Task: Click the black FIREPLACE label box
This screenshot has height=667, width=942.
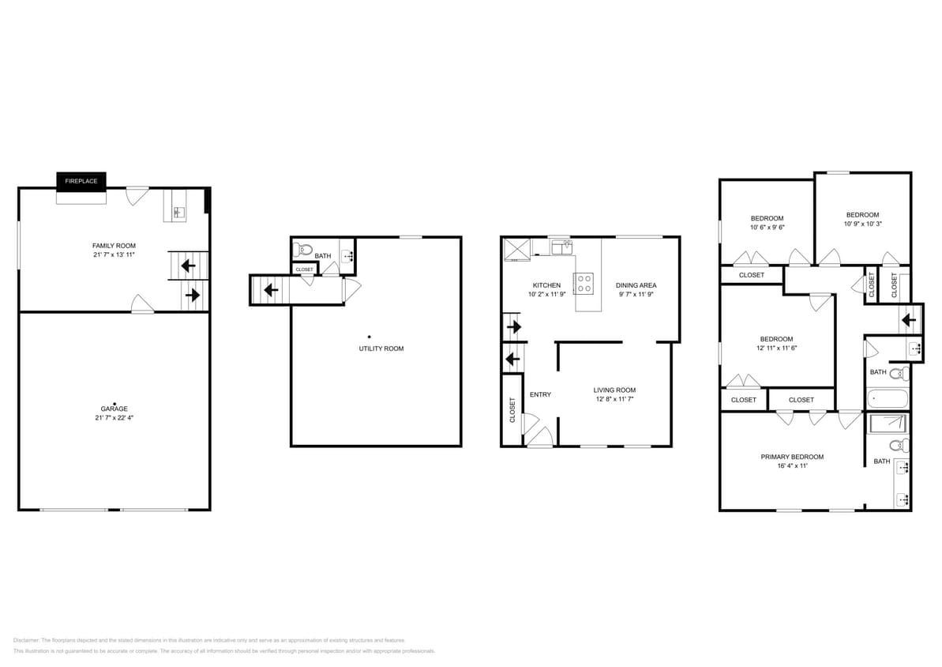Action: point(81,181)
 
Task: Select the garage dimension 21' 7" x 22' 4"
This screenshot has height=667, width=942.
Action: point(114,417)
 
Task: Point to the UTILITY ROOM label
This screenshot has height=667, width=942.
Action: point(381,349)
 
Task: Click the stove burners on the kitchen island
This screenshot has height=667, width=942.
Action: point(585,283)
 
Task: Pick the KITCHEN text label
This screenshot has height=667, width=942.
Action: point(546,285)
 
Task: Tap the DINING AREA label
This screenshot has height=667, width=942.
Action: point(636,285)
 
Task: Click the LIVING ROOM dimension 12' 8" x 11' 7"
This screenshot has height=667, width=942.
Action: point(614,399)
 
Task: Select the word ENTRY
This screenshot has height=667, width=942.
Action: point(540,394)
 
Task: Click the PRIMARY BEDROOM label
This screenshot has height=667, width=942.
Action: point(792,457)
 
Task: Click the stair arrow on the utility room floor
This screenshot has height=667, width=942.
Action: point(270,290)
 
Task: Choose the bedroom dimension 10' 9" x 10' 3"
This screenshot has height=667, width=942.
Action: point(862,224)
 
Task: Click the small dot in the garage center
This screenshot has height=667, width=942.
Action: point(114,402)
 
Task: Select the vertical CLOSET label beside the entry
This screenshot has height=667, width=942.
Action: point(512,409)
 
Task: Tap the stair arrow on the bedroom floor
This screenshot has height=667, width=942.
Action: point(908,320)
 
